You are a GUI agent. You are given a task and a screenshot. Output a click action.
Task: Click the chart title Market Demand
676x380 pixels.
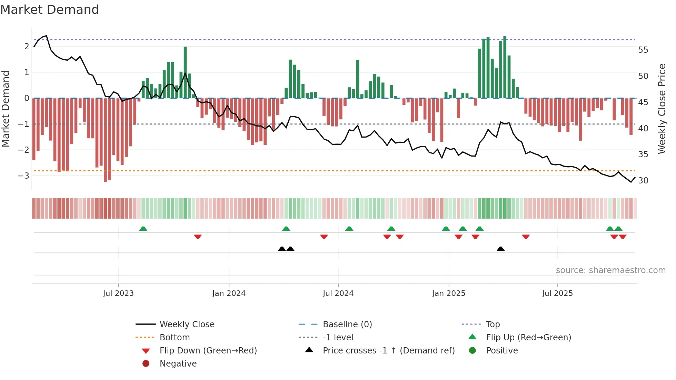[50, 10]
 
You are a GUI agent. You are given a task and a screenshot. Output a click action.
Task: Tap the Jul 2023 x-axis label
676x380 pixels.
[118, 293]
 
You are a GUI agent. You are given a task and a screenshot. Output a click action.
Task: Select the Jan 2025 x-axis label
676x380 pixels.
[448, 293]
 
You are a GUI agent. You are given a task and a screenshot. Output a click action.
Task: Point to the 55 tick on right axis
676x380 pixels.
[643, 50]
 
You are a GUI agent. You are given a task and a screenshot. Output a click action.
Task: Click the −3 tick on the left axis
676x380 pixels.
[23, 176]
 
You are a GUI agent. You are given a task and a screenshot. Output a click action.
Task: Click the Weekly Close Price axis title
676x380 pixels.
[662, 109]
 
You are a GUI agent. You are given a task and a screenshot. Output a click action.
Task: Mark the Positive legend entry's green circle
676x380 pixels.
[473, 351]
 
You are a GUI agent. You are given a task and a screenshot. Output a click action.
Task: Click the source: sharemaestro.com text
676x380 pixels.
[610, 270]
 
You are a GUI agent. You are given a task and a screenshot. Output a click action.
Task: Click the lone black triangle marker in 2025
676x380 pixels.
[500, 249]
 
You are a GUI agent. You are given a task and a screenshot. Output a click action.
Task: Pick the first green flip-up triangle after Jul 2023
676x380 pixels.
[143, 229]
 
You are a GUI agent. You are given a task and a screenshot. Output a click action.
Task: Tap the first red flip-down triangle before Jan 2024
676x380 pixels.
[198, 237]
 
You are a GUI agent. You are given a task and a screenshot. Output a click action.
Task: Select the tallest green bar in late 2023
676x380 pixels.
[185, 72]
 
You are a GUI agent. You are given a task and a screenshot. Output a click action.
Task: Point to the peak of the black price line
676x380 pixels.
[46, 36]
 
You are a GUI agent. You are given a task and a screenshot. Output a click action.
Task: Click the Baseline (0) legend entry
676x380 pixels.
[347, 324]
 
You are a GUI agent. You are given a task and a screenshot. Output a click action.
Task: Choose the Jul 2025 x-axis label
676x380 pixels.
[557, 293]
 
